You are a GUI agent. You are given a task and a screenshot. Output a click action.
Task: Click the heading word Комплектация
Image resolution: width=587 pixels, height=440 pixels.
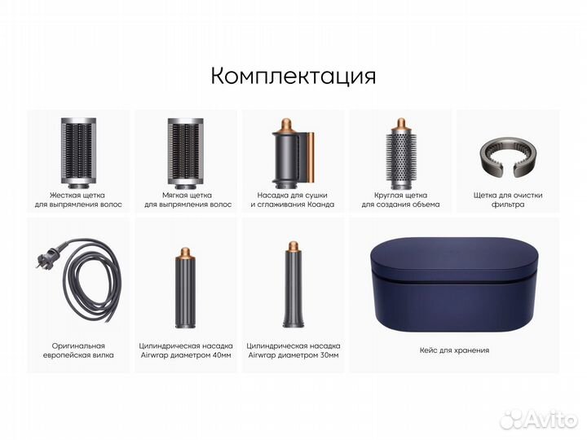click(293, 76)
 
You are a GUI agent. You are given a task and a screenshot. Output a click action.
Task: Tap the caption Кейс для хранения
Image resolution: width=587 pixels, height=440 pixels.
click(455, 350)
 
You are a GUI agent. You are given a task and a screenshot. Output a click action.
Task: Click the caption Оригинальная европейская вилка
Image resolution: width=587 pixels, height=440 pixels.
click(78, 350)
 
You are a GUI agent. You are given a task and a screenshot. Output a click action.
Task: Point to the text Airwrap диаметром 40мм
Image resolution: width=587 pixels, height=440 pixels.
click(186, 356)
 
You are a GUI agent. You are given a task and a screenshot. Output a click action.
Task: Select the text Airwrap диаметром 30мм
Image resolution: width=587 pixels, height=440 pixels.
click(293, 356)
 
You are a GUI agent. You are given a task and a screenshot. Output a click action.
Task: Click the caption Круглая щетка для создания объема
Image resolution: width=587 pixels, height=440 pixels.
click(399, 200)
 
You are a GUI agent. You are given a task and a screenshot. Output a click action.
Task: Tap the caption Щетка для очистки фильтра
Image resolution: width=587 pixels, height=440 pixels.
click(507, 200)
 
